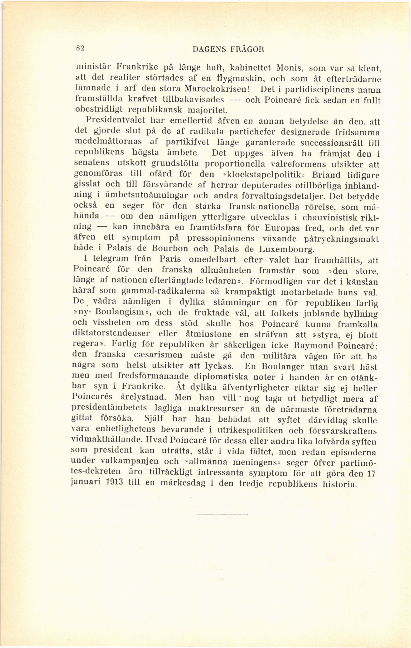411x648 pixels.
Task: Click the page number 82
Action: (x=81, y=48)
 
